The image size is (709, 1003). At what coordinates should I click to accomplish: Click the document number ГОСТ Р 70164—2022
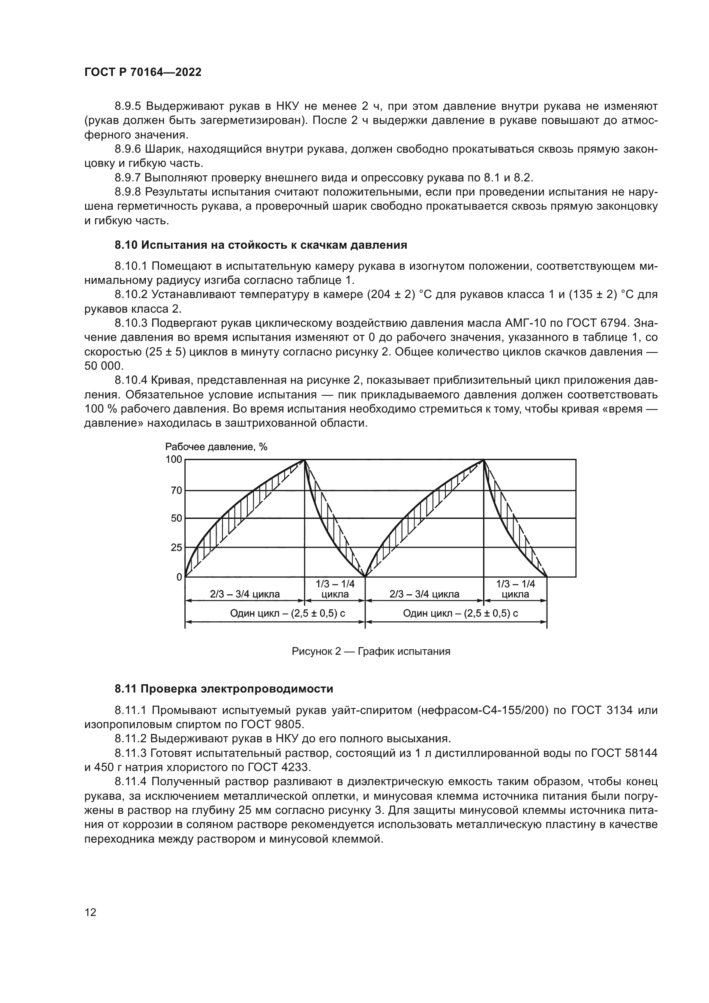(x=143, y=72)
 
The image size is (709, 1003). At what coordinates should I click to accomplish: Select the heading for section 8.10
(x=261, y=245)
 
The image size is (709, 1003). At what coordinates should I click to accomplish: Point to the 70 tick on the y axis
(x=176, y=491)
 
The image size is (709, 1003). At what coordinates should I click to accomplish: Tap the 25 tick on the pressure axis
(x=176, y=547)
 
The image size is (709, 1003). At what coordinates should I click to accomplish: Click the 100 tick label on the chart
(x=174, y=460)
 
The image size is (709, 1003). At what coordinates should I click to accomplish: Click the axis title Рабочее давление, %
(x=216, y=446)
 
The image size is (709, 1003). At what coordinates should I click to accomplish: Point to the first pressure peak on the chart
(x=304, y=460)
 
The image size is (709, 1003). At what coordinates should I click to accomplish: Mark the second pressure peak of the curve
(x=483, y=460)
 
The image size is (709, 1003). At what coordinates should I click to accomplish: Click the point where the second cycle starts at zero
(x=365, y=577)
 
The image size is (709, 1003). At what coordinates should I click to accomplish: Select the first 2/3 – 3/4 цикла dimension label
(x=245, y=594)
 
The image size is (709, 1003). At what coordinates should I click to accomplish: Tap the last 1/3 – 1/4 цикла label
(x=515, y=589)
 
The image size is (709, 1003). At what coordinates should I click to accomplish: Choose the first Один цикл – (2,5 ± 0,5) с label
(x=287, y=613)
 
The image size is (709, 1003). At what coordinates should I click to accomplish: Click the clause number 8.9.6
(x=127, y=149)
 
